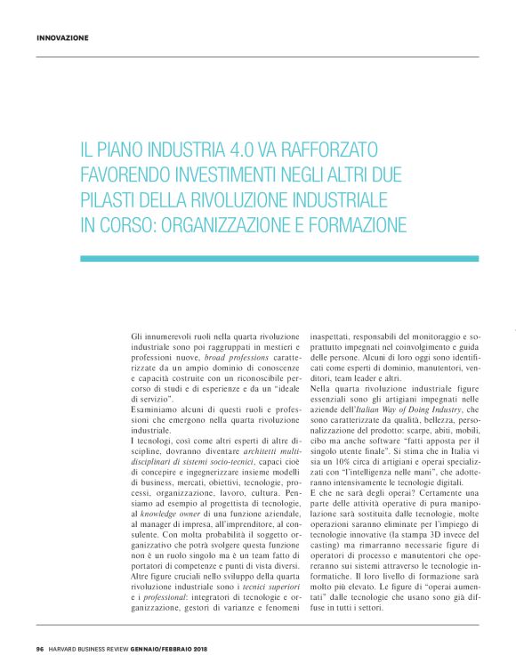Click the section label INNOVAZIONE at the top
point(62,38)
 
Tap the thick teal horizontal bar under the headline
point(279,258)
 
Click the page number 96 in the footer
point(41,646)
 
